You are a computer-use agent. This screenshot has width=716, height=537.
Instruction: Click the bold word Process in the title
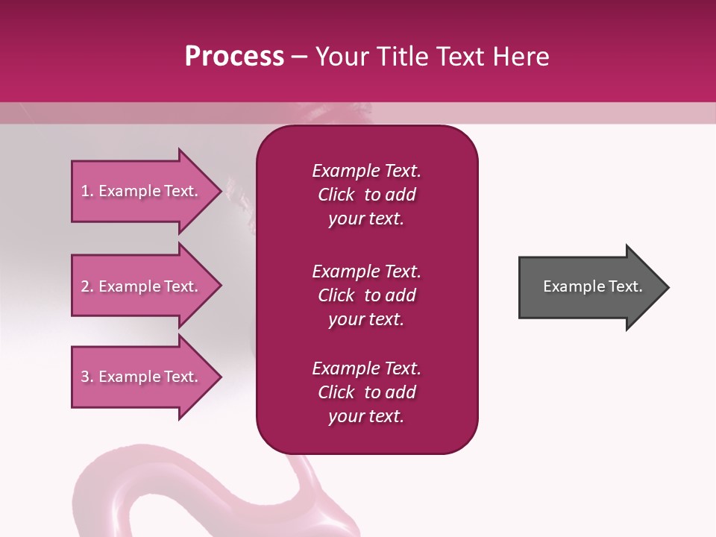(234, 57)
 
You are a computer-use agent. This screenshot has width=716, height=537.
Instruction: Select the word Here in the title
(520, 57)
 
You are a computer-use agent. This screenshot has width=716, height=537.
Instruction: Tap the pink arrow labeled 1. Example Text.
(142, 191)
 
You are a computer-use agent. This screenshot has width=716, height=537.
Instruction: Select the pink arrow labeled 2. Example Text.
(142, 286)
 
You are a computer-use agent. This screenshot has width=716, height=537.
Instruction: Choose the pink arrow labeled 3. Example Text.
(142, 377)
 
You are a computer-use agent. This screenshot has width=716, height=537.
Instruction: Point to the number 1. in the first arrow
(87, 191)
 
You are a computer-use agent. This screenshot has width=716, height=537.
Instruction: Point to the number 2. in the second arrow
(87, 286)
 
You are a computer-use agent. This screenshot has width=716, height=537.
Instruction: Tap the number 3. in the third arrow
(87, 377)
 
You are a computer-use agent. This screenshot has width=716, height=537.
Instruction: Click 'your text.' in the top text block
(366, 219)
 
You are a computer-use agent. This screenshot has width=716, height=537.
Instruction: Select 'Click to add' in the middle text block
(366, 295)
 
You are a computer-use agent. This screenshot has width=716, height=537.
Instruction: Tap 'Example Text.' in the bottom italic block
(366, 368)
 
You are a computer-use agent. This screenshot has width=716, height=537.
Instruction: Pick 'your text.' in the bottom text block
(366, 417)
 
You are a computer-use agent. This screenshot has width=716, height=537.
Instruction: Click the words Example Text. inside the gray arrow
(592, 286)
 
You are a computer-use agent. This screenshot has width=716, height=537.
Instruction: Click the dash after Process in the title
(299, 57)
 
